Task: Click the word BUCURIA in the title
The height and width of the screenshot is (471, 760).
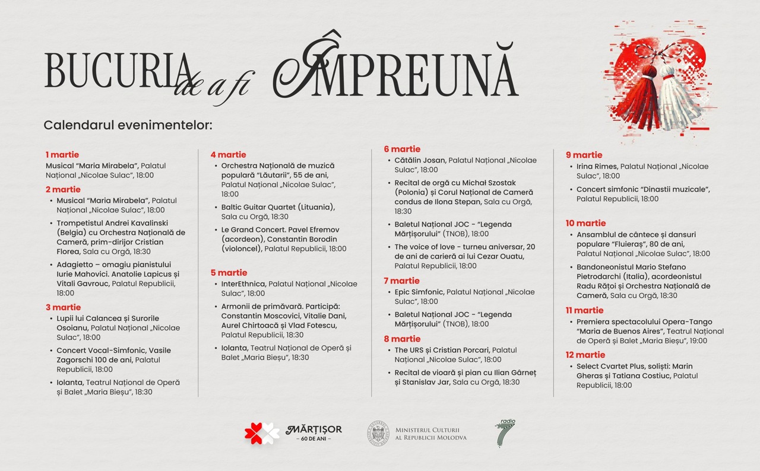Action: coord(116,71)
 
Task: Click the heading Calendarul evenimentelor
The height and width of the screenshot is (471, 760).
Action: coord(128,125)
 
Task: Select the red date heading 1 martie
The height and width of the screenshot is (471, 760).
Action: coord(62,155)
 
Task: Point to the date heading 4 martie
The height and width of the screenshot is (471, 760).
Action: coord(228,155)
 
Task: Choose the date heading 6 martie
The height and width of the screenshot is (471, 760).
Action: coord(402,149)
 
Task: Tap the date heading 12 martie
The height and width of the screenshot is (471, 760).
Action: coord(585,355)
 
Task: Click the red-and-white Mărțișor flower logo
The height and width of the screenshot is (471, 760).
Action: coord(262,433)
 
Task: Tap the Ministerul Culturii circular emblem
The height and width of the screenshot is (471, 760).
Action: coord(378,433)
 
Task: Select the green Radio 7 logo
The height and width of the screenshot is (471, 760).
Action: coord(505,433)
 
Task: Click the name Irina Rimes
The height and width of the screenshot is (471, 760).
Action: coord(597,167)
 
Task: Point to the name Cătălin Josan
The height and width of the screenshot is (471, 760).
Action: coord(420,160)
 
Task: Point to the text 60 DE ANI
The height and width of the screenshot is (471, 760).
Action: coord(313,439)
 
